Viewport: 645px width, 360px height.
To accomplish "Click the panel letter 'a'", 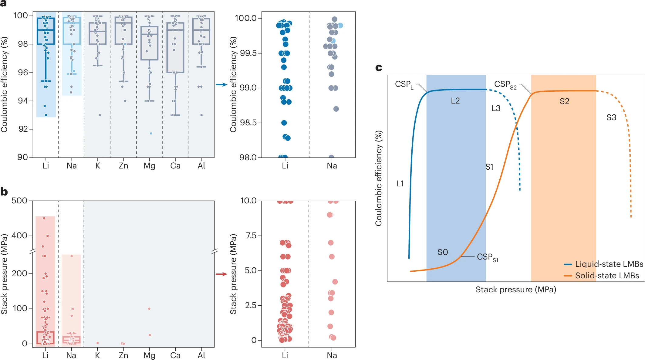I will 4,4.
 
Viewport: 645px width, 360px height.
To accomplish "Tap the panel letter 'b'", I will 4,192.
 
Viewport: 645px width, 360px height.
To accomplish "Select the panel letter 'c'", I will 379,68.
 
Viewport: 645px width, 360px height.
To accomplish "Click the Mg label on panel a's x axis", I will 149,166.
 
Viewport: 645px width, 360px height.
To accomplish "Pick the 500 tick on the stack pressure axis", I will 19,201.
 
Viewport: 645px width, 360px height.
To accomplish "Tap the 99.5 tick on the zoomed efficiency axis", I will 248,53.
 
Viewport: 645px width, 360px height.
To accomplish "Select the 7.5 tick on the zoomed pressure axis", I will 251,236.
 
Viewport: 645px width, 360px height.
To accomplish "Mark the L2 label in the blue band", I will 455,101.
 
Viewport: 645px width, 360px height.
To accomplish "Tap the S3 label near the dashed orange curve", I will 611,117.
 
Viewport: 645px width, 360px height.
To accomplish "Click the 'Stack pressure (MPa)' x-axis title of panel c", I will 516,290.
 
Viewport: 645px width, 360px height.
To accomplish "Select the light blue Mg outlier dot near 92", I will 151,134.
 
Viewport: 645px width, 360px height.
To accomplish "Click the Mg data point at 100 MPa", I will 149,309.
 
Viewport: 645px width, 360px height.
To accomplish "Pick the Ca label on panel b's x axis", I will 175,355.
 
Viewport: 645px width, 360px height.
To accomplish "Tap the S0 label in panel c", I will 443,252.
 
